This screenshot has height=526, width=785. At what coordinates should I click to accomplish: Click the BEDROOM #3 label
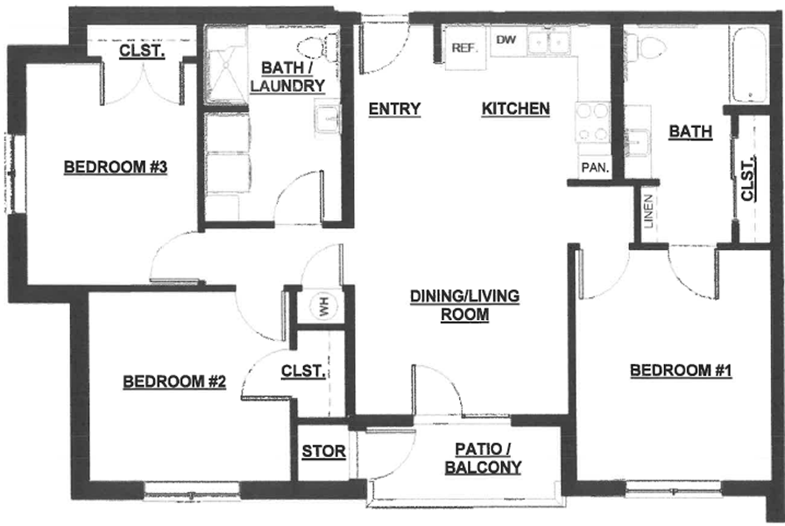tap(116, 167)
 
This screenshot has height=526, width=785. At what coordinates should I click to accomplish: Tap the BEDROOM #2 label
tap(174, 381)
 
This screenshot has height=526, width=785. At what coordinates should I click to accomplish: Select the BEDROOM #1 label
tap(681, 370)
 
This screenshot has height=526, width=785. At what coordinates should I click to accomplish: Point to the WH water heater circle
tap(323, 307)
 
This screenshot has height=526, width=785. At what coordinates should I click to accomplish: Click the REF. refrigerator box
tap(465, 47)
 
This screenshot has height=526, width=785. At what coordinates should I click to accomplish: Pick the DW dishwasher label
tap(506, 39)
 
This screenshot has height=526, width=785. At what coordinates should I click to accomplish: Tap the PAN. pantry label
tap(595, 167)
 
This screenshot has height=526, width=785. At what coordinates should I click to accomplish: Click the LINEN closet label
tap(648, 211)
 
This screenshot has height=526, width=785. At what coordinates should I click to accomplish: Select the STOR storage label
tap(323, 451)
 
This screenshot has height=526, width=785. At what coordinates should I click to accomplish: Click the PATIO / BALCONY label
tap(483, 458)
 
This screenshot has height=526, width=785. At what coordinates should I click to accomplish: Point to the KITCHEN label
tap(516, 109)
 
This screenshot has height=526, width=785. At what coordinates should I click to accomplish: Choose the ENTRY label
tap(394, 109)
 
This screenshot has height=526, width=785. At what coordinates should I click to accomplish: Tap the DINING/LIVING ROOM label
tap(464, 305)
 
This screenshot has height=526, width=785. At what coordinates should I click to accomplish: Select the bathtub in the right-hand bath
tap(749, 65)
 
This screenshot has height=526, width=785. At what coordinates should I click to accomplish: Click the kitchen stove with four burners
tap(593, 122)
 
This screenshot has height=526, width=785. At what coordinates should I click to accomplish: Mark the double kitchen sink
tap(548, 42)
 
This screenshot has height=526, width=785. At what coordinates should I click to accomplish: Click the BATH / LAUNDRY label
tap(287, 76)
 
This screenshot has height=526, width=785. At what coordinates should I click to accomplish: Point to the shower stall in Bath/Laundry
tap(227, 65)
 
